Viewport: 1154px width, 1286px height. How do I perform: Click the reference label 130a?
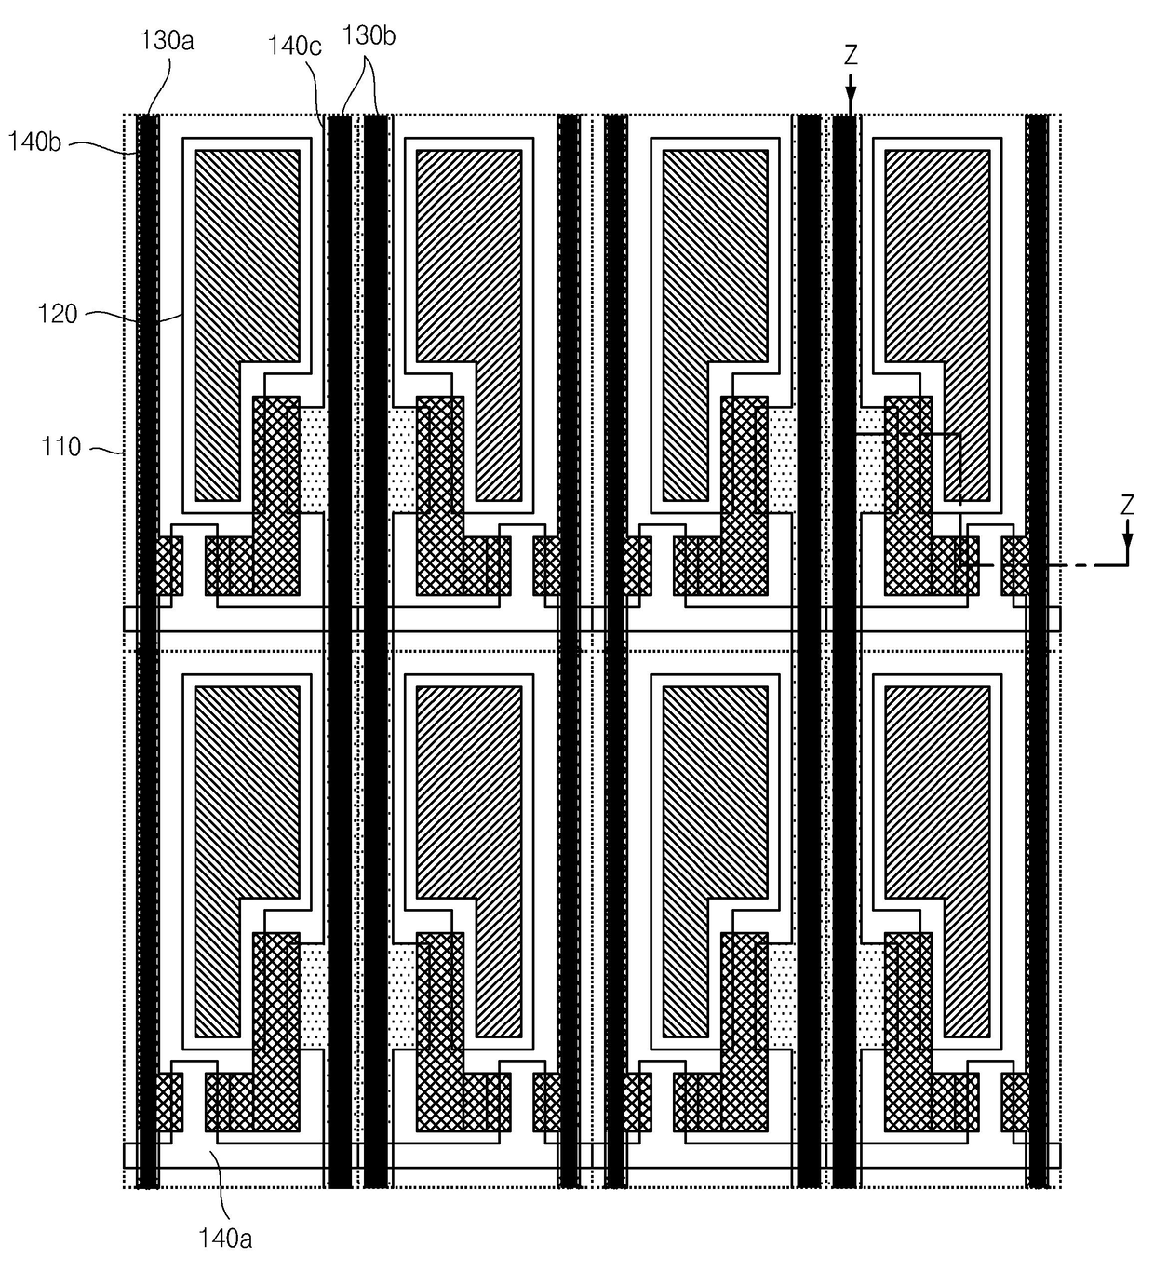(x=167, y=41)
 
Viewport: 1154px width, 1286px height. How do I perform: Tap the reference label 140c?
(x=294, y=47)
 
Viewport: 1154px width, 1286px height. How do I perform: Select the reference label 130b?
(x=369, y=36)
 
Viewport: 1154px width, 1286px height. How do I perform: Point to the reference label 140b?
(x=34, y=142)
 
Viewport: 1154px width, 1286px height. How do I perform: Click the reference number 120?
(x=58, y=314)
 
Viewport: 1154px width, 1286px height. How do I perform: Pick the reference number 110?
(x=60, y=447)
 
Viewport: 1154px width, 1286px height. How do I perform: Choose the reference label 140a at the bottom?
(x=225, y=1238)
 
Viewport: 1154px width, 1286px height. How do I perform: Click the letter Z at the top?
(x=851, y=56)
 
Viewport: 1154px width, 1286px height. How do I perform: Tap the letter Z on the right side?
(x=1127, y=506)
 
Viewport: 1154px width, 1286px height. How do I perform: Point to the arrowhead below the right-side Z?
(x=1127, y=540)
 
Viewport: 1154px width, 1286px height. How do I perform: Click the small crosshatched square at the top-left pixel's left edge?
(x=168, y=565)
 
